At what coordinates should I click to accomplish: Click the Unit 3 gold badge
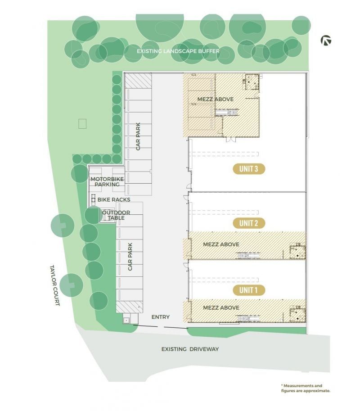point(249,169)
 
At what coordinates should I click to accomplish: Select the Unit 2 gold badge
point(249,223)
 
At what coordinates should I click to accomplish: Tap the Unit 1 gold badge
point(249,290)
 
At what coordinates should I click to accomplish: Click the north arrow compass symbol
point(326,41)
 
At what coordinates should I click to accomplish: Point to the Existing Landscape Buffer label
point(178,51)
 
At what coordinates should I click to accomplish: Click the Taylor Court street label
point(54,285)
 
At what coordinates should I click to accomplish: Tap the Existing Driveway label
point(190,349)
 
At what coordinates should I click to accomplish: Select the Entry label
point(161,317)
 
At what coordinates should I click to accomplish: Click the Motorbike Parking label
point(107,182)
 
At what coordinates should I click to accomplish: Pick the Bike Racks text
point(114,199)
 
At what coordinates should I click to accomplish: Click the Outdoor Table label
point(116,215)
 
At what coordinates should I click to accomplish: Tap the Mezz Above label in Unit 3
point(216,99)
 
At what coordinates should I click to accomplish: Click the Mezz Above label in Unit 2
point(221,244)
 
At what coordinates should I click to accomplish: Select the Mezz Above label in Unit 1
point(221,308)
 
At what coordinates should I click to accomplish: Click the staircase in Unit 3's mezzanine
point(227,113)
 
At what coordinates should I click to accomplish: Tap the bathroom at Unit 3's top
point(252,81)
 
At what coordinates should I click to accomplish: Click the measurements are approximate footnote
point(306,388)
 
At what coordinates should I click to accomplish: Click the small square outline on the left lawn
point(82,124)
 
